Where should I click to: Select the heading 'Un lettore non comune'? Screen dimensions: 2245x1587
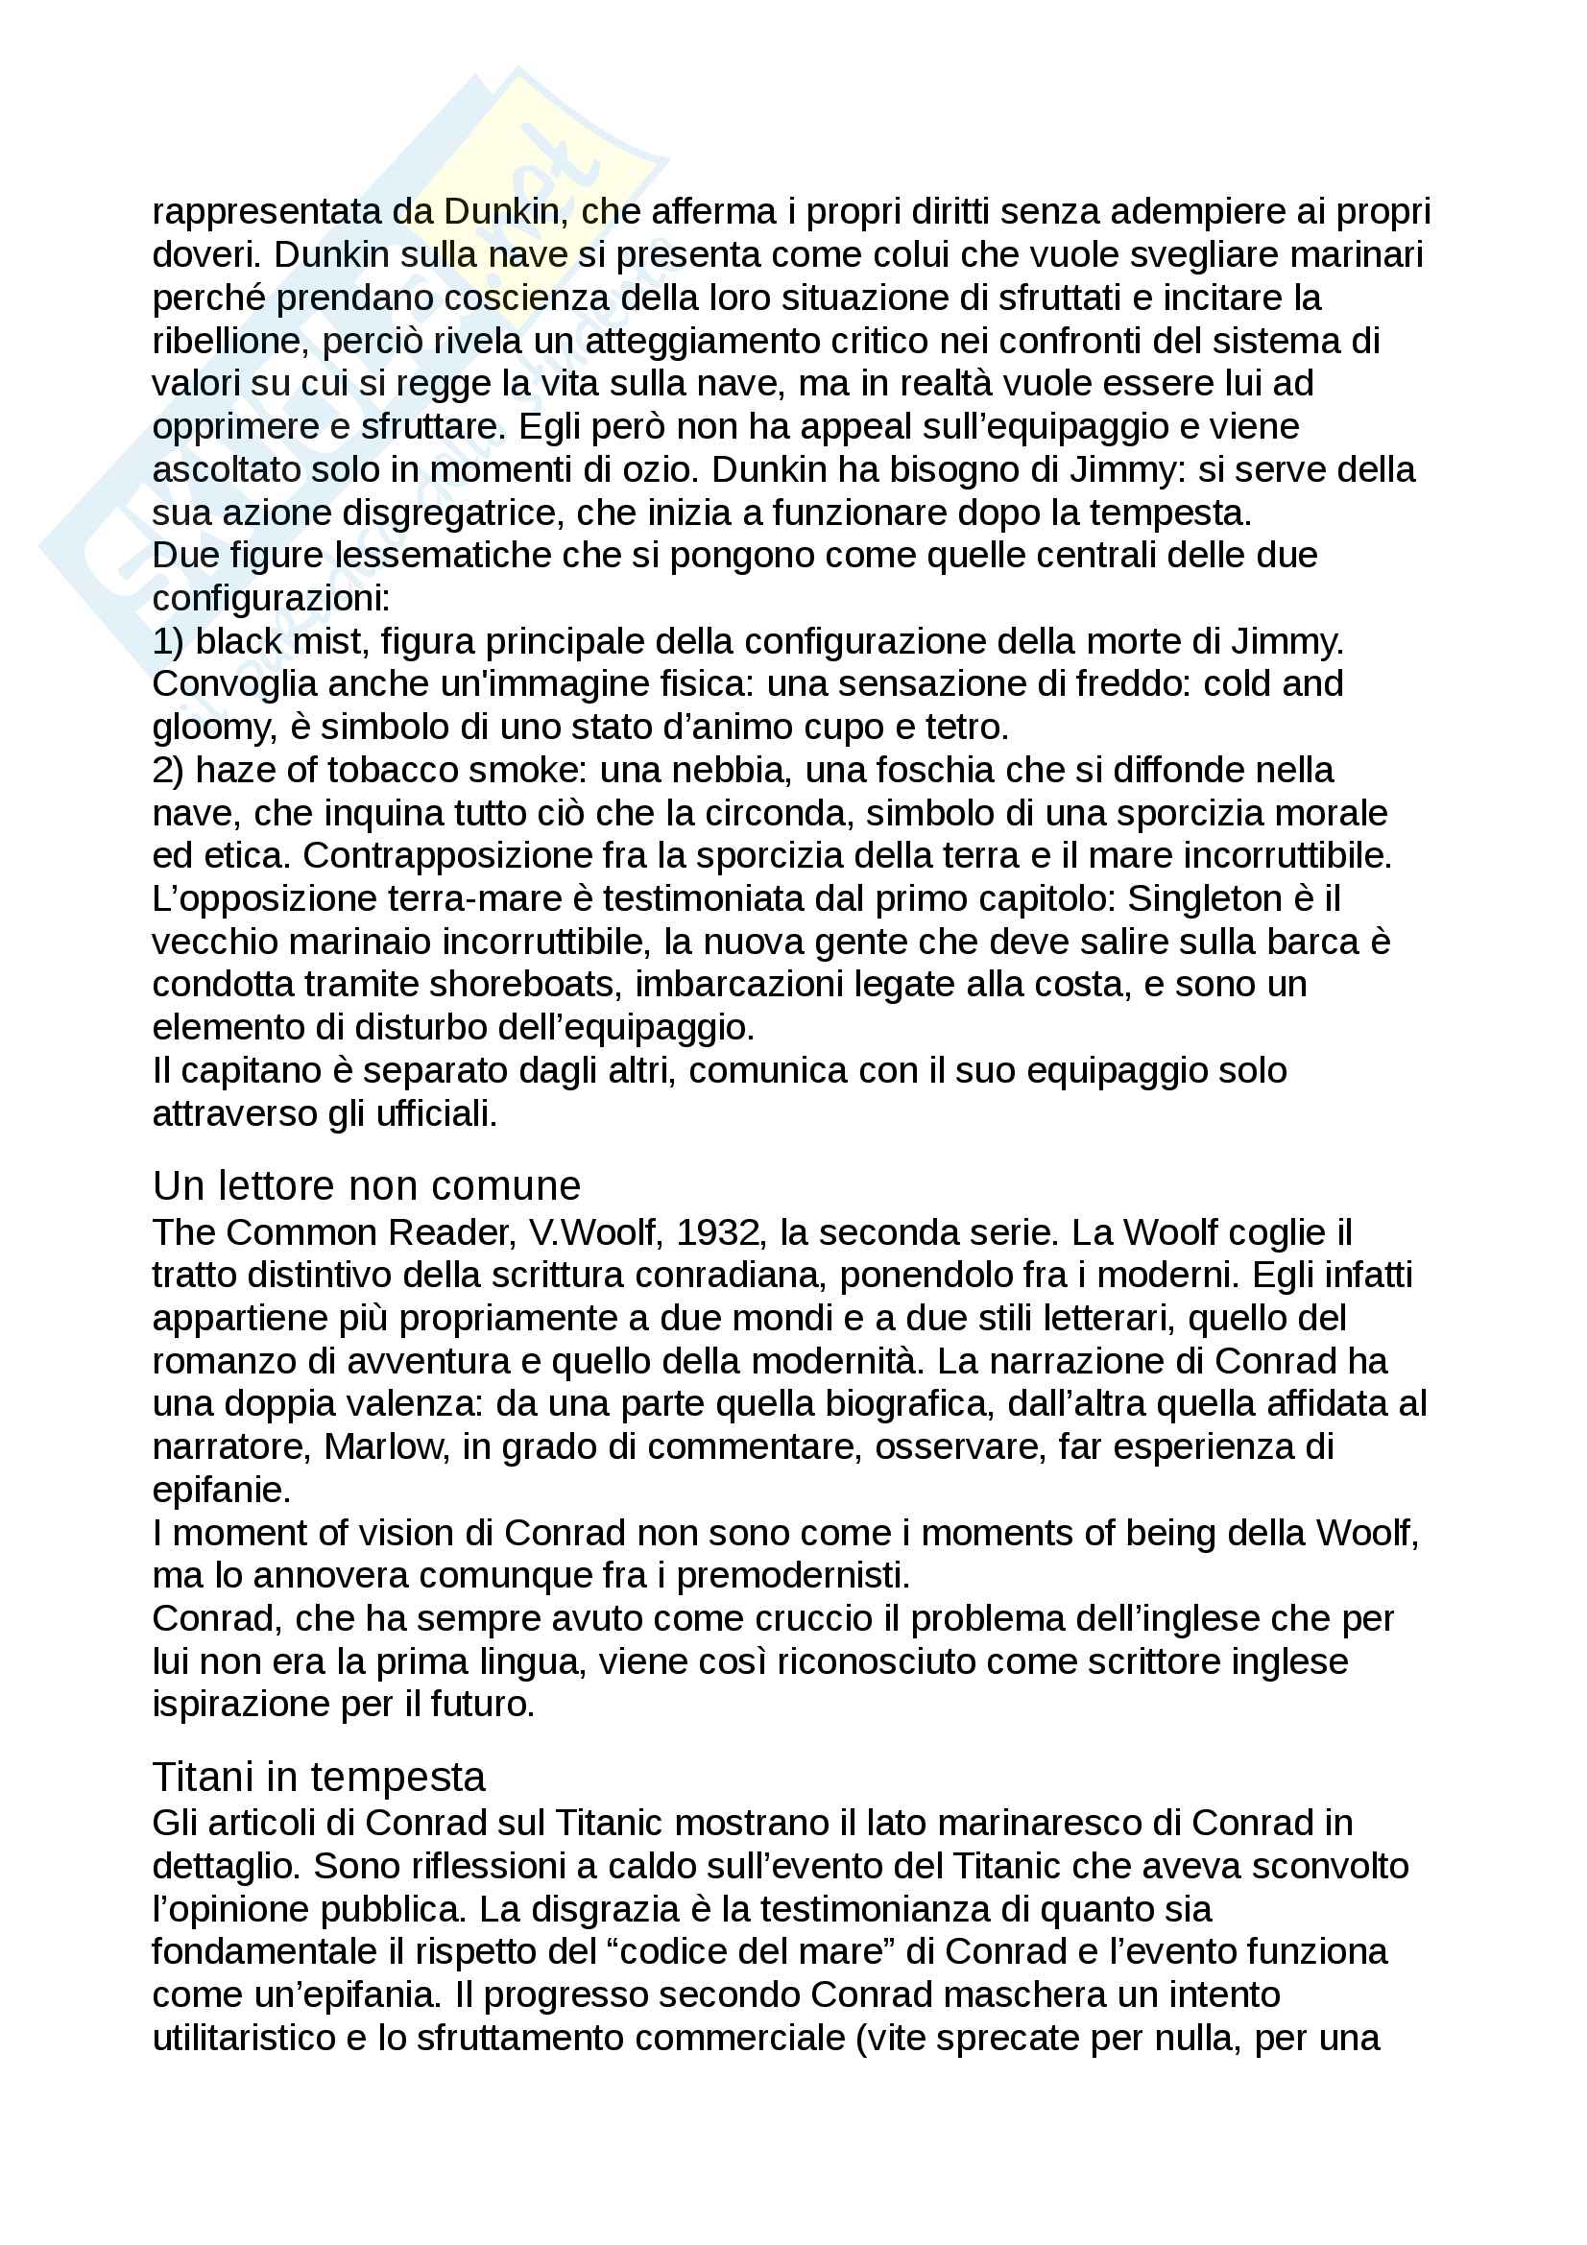point(367,1186)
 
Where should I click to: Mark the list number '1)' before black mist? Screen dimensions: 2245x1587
point(168,641)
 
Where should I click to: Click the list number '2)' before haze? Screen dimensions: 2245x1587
point(168,771)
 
